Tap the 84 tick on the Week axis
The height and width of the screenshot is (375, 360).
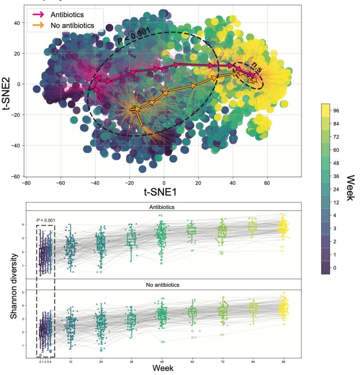(252, 361)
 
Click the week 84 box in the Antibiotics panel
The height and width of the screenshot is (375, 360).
(252, 226)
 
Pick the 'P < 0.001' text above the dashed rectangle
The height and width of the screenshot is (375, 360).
(45, 220)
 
